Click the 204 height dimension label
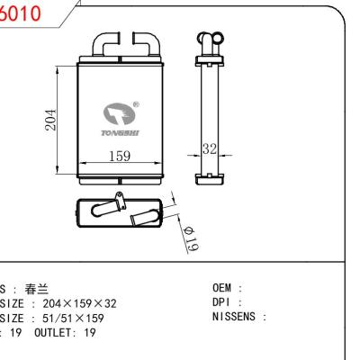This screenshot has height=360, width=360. pos(51,120)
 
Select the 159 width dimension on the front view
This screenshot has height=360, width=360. pos(120,157)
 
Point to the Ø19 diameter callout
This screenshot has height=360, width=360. pos(191,236)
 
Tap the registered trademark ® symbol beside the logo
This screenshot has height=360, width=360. pos(136,103)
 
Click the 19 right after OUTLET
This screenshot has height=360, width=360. pos(85,330)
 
